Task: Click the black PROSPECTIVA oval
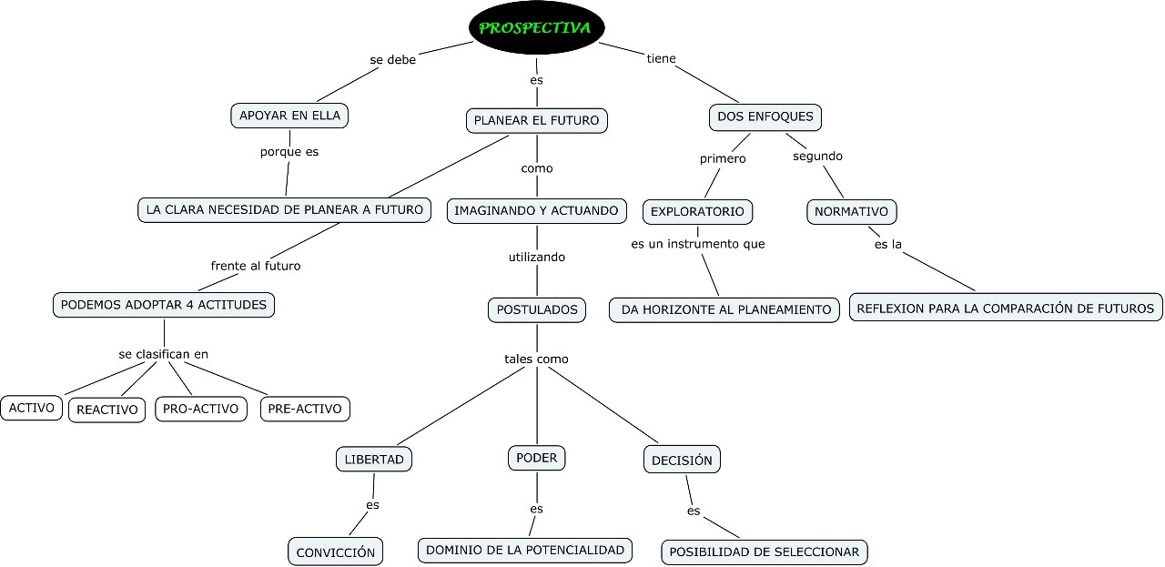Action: tap(536, 27)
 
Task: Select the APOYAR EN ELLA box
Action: tap(289, 116)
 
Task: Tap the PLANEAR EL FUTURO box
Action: tap(537, 121)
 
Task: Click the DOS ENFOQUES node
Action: tap(765, 117)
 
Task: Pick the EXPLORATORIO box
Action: tap(697, 212)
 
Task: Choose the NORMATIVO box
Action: tap(851, 212)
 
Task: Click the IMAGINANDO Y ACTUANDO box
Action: tap(536, 210)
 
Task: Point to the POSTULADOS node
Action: tap(537, 310)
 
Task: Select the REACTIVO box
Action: tap(107, 410)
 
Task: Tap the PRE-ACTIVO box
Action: tap(305, 409)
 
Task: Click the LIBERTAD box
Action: tap(374, 460)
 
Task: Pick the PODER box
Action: tap(537, 458)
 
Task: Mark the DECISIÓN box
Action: tap(682, 460)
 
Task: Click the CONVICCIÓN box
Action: tap(336, 552)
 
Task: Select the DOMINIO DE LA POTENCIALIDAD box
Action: tap(525, 551)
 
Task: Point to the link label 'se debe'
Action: tap(392, 60)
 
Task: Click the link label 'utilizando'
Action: tap(537, 257)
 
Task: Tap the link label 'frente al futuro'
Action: tap(256, 267)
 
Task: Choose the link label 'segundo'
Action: tap(817, 157)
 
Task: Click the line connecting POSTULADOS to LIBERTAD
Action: tap(461, 406)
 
